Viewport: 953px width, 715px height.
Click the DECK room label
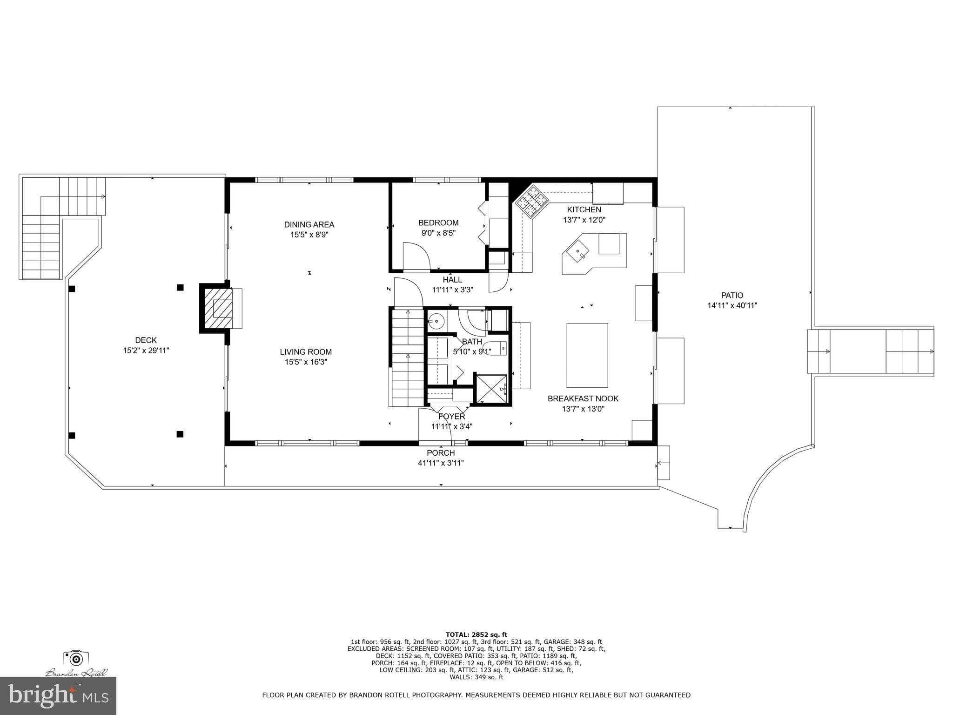(146, 340)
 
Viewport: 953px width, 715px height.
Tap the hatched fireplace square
(216, 309)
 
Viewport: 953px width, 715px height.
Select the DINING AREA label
(309, 224)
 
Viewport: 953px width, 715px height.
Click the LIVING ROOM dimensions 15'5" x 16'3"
(306, 362)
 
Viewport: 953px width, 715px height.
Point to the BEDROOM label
(438, 223)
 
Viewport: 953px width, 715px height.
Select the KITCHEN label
(584, 209)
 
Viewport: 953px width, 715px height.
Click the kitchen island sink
(577, 252)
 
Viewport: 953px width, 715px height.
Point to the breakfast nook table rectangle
(587, 355)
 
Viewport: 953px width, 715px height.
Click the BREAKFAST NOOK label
(583, 398)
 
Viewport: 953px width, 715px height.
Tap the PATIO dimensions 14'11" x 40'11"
(732, 306)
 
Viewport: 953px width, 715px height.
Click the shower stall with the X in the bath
(491, 388)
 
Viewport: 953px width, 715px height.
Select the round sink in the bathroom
(436, 321)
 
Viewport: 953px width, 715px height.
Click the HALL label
(452, 279)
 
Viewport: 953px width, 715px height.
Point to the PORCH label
(440, 453)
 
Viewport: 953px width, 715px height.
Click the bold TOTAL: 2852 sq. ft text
(476, 634)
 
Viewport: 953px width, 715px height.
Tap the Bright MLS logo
(58, 695)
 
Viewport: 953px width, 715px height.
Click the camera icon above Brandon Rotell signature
(76, 658)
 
